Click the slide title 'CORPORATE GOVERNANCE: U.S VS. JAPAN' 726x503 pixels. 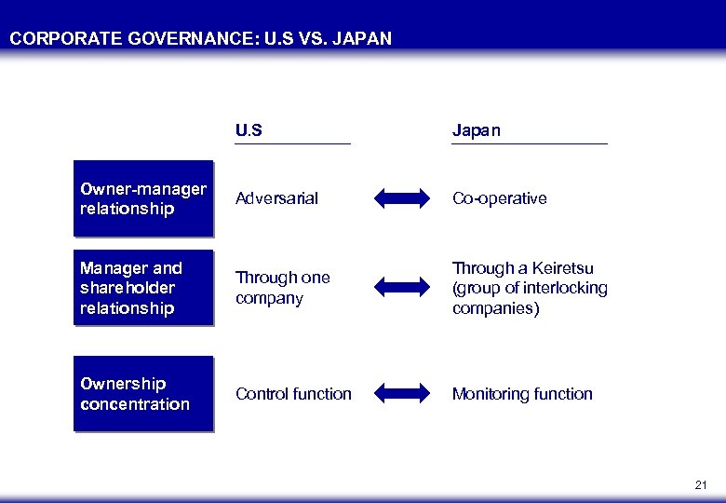pos(201,38)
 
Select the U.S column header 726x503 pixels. pos(249,130)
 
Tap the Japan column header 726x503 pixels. pos(476,130)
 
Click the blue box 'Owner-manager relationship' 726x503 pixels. pos(143,198)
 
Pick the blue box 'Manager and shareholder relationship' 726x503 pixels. pos(143,288)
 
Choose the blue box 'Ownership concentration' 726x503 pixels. pos(143,394)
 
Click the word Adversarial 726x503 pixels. pos(276,198)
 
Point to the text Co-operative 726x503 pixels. pos(499,198)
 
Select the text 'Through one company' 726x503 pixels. pos(282,288)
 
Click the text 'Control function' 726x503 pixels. pos(293,394)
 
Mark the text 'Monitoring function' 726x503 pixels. pos(522,394)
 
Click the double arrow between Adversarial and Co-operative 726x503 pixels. pos(402,198)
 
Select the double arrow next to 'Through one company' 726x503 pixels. pos(402,288)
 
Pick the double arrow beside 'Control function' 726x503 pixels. pos(402,394)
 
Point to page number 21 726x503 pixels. pos(701,485)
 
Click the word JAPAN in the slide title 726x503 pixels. pos(360,38)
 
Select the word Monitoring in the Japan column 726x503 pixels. pos(490,394)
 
